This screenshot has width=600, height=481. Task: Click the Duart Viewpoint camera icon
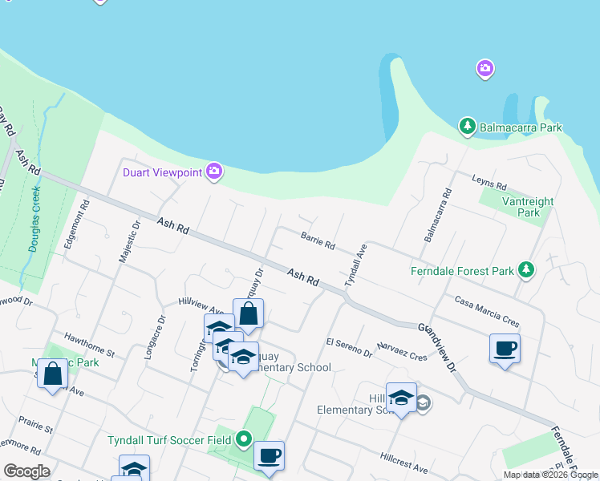click(213, 171)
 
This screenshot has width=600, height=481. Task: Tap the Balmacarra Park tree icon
click(467, 127)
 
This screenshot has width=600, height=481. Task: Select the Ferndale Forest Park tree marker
click(526, 270)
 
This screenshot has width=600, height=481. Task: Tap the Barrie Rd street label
click(318, 240)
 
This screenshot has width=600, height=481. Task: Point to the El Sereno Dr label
click(349, 347)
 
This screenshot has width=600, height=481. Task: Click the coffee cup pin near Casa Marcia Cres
click(505, 349)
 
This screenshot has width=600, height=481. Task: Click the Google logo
click(26, 471)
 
